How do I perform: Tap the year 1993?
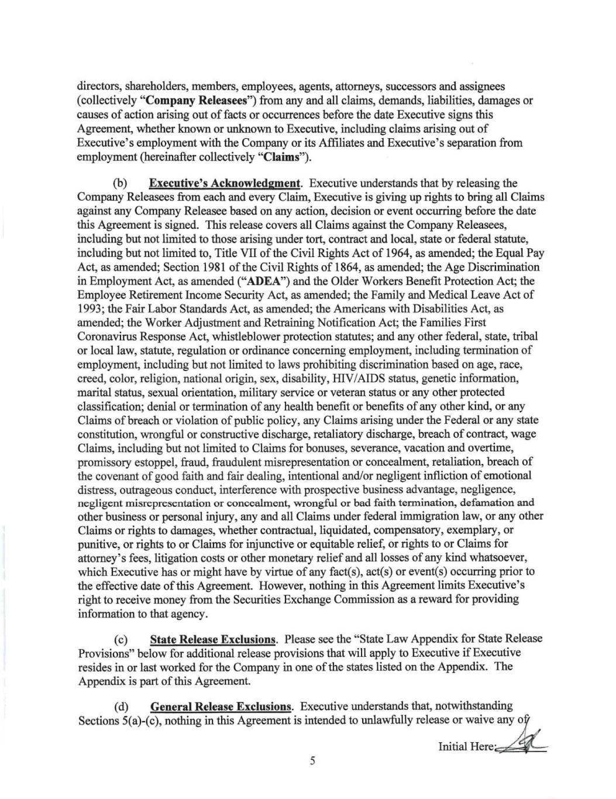(90, 309)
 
